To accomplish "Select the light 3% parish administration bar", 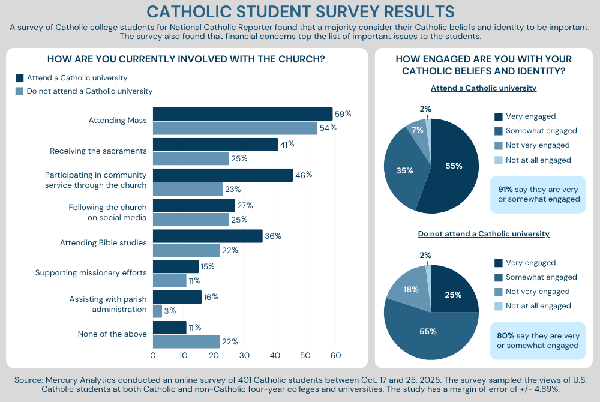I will tap(157, 311).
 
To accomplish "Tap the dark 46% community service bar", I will tap(223, 175).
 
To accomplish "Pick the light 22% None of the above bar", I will tap(186, 341).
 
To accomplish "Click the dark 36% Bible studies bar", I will tap(208, 236).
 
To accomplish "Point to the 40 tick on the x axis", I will tap(275, 356).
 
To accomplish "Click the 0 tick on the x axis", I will tap(153, 356).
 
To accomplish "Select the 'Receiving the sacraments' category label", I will tap(98, 151).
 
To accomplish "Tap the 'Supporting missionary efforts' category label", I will tap(91, 272).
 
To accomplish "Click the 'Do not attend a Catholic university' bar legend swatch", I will tap(19, 91).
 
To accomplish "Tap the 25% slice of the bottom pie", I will tap(453, 294).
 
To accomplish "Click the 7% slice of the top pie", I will tap(417, 129).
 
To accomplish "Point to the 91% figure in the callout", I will tap(505, 190).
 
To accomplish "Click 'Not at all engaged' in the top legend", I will tap(538, 160).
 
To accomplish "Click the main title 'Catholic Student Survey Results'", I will tap(300, 11).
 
